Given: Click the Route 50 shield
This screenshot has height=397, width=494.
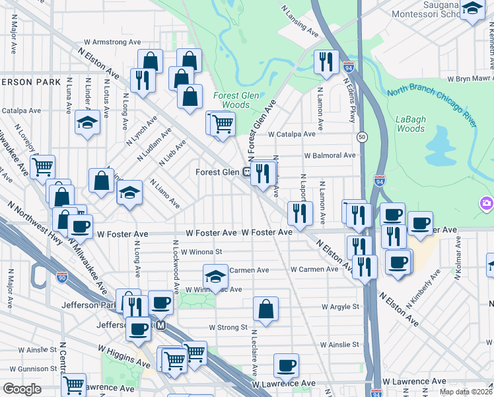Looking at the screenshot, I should click(362, 137).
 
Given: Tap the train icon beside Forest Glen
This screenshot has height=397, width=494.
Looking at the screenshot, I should click(246, 172).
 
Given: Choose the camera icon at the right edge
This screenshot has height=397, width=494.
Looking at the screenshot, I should click(486, 203).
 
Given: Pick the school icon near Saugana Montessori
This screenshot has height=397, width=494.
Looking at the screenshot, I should click(472, 9).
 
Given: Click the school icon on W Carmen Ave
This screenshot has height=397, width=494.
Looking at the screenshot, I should click(215, 275).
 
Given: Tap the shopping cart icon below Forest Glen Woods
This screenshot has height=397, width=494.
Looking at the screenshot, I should click(223, 123).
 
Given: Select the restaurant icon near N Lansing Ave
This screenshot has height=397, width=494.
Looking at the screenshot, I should click(326, 62).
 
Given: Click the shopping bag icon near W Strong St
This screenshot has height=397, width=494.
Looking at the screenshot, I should click(265, 308).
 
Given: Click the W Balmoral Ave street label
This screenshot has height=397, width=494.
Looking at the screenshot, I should click(330, 155).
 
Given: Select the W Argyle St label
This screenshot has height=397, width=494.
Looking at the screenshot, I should click(340, 307).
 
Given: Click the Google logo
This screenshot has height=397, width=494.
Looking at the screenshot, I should click(22, 389).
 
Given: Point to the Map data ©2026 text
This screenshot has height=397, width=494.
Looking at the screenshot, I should click(465, 392).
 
